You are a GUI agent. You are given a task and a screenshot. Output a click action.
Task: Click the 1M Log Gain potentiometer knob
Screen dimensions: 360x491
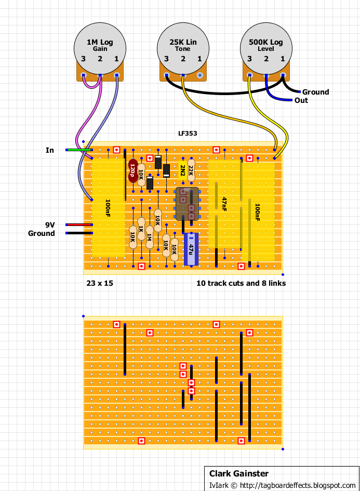(x=100, y=48)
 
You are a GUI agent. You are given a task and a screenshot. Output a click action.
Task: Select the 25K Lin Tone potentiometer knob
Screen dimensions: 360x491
(x=183, y=48)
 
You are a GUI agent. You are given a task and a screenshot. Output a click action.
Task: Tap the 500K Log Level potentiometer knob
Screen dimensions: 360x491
(x=266, y=48)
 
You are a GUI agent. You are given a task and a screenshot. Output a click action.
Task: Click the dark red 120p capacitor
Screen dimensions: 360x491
(x=133, y=170)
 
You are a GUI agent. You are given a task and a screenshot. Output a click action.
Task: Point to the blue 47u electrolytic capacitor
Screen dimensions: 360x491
(x=191, y=249)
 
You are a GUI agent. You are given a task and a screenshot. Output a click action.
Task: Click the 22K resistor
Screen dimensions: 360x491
(x=191, y=170)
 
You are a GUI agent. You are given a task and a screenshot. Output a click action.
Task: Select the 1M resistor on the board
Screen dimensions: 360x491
(x=150, y=237)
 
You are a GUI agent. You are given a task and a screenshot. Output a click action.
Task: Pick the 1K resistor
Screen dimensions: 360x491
(x=141, y=229)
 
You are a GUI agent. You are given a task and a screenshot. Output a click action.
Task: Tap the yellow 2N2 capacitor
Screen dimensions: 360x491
(x=182, y=170)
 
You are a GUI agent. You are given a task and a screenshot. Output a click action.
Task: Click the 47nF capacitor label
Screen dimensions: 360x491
(x=224, y=204)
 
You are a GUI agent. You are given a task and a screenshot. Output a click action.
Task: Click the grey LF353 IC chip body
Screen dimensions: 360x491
(x=187, y=204)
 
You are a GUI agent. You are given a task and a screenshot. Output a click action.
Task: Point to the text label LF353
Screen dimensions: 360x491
(x=188, y=134)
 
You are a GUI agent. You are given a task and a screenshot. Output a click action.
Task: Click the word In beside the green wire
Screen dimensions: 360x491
(x=50, y=150)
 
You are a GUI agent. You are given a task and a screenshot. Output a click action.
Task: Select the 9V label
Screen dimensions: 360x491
(x=50, y=225)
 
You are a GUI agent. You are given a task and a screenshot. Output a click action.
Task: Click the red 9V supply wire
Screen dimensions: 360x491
(x=79, y=224)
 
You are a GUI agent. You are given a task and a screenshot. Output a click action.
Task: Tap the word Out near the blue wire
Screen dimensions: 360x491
(x=301, y=100)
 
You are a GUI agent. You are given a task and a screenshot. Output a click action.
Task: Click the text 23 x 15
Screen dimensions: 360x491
(x=100, y=283)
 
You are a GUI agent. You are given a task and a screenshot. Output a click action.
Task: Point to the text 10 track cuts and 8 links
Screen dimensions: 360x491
(x=241, y=283)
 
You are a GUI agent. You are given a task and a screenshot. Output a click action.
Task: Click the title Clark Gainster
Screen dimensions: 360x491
(x=239, y=473)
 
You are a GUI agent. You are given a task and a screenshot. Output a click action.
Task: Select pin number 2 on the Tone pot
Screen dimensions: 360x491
(x=183, y=59)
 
